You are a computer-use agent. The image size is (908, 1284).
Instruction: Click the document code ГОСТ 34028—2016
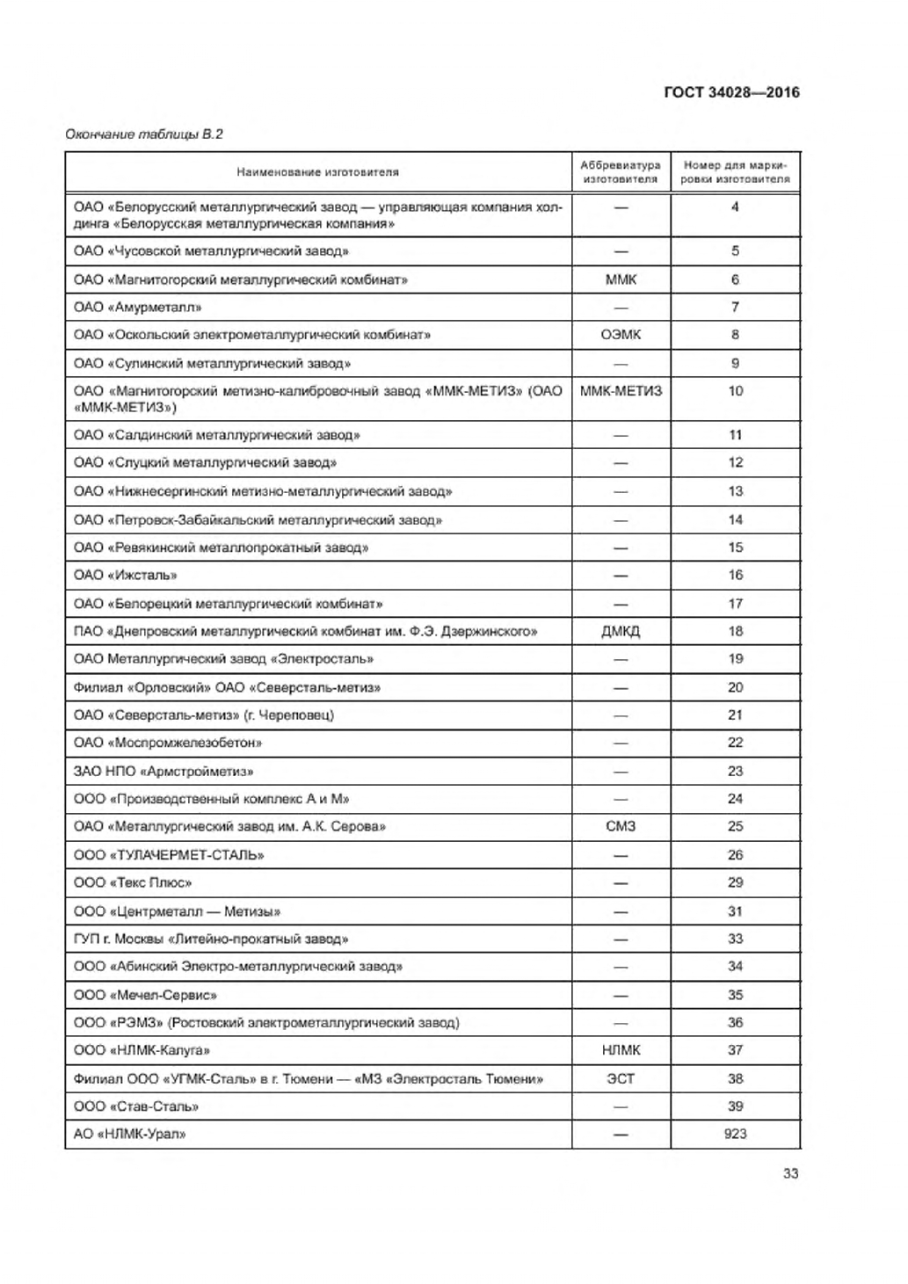731,92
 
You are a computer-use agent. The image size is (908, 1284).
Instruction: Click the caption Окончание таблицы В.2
144,134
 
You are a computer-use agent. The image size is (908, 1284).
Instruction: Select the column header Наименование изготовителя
317,172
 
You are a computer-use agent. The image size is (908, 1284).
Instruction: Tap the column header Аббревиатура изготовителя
621,172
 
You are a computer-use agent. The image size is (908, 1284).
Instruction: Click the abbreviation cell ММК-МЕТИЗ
621,391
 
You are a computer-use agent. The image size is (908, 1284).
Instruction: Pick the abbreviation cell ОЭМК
621,335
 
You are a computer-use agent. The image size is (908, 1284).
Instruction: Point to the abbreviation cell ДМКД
621,631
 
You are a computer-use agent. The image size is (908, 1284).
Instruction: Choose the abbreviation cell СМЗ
621,826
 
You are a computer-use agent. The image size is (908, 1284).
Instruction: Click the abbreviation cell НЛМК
621,1050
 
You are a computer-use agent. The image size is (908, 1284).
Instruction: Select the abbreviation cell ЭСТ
621,1078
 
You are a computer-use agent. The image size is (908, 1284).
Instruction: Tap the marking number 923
735,1134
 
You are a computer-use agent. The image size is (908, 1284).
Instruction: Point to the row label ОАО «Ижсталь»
126,575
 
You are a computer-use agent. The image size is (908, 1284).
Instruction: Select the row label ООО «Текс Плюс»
133,882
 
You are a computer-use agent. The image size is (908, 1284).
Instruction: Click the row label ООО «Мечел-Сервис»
145,995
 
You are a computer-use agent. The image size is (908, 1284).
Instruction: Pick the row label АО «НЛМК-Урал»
130,1134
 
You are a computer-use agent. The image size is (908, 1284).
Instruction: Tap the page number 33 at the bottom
790,1173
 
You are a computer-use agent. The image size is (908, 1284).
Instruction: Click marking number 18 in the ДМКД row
735,631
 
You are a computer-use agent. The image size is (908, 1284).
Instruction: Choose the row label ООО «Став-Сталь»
136,1106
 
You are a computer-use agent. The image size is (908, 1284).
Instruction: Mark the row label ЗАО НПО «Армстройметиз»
163,771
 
